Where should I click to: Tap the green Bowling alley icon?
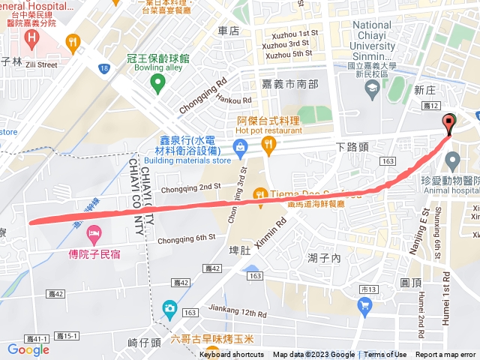coord(157,82)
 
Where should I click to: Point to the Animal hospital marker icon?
coord(452,160)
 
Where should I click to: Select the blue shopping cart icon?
coord(364,304)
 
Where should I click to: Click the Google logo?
coord(28,349)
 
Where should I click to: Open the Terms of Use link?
coord(385,355)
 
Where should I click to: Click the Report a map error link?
coord(445,355)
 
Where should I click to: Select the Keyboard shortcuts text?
coord(231,355)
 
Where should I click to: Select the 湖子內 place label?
coord(324,258)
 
